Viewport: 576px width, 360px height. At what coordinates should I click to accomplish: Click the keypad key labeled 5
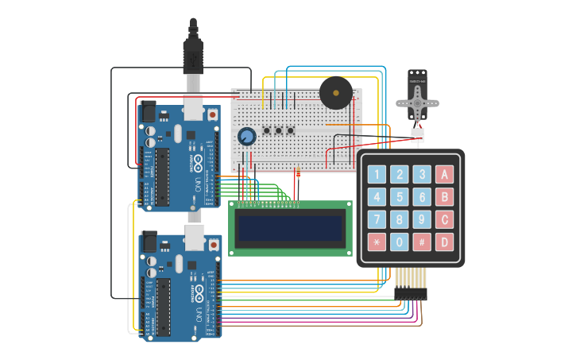400,197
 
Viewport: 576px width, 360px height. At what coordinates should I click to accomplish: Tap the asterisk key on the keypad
377,242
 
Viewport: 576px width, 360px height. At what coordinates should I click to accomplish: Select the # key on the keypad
422,242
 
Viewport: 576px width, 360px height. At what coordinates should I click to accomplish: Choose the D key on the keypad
445,242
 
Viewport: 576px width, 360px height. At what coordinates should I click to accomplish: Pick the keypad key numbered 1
377,175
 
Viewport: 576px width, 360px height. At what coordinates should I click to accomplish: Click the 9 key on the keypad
422,219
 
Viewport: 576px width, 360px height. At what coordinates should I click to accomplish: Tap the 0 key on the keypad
400,242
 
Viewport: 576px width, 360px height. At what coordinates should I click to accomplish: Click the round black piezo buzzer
335,93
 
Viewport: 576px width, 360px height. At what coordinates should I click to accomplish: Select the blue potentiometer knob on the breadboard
247,137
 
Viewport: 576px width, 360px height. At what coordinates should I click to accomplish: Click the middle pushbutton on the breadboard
279,130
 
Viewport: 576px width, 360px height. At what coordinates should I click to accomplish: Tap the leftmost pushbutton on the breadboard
267,130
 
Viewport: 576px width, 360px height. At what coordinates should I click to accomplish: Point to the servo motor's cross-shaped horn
417,103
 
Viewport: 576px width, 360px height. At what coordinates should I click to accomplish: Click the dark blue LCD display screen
290,228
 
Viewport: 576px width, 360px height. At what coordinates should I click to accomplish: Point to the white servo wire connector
417,135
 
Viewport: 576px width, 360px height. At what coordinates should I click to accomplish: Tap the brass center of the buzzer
335,92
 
